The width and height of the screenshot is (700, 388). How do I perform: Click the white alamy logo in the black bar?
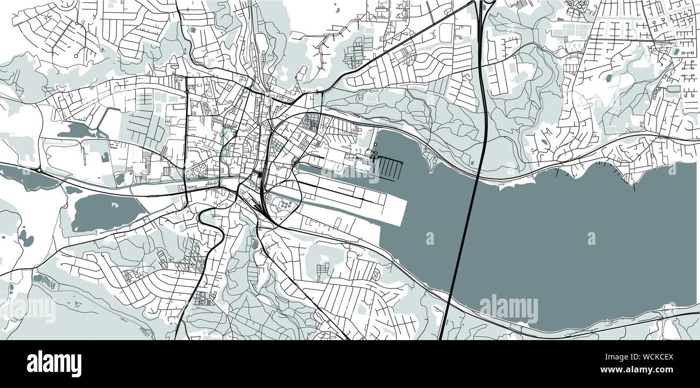point(54,364)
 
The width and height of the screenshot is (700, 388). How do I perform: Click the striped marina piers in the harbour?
point(389,167)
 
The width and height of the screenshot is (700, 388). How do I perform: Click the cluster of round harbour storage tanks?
point(284,204)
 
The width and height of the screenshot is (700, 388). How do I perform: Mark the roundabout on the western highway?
point(39,171)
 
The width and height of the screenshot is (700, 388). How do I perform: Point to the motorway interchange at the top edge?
point(485,5)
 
